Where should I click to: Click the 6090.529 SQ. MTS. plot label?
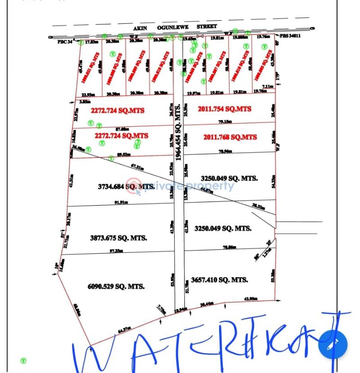[117, 286]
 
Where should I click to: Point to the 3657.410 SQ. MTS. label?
[219, 280]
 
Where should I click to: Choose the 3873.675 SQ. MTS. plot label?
[119, 238]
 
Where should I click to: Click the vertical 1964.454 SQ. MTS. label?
[179, 132]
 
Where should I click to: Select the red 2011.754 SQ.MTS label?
[225, 109]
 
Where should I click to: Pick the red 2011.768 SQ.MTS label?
[230, 137]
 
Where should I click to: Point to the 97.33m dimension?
[116, 251]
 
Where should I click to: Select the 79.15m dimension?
[225, 121]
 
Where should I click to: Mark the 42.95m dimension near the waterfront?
[250, 299]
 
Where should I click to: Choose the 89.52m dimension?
[123, 154]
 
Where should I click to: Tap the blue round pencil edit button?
[333, 344]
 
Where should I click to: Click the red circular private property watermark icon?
[134, 186]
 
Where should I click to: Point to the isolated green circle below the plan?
[23, 360]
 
